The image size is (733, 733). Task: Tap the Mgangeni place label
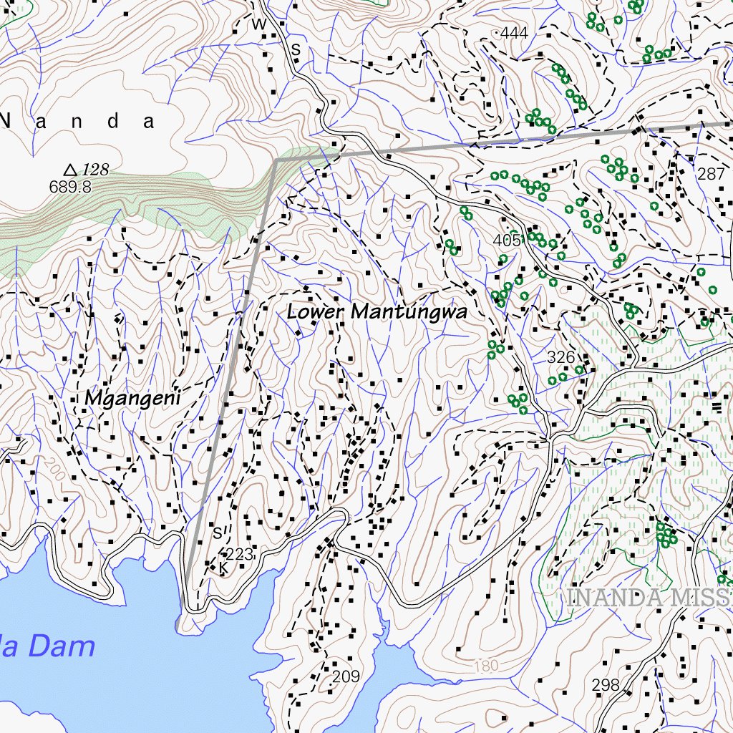[x=132, y=399]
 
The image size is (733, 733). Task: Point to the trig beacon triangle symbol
[x=70, y=170]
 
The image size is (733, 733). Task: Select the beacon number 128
[x=94, y=170]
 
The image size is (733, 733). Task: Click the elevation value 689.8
[x=70, y=187]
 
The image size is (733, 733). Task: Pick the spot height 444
[x=514, y=33]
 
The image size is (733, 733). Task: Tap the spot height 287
[x=710, y=174]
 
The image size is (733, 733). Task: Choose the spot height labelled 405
[x=507, y=240]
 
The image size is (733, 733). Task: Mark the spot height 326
[x=560, y=356]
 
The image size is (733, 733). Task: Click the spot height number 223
[x=239, y=553]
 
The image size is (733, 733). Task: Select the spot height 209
[x=346, y=676]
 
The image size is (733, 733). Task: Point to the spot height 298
[x=606, y=685]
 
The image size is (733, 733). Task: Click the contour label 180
[x=486, y=666]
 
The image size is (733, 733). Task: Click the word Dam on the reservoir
[x=62, y=646]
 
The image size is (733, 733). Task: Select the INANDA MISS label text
[x=649, y=597]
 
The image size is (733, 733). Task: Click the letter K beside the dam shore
[x=223, y=568]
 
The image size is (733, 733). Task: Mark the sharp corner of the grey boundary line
[x=276, y=160]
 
